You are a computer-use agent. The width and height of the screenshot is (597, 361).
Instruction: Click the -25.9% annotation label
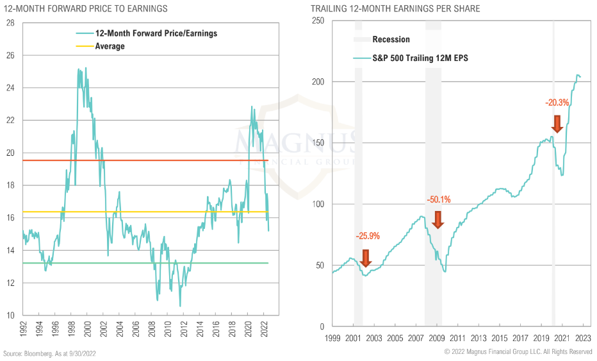(368, 236)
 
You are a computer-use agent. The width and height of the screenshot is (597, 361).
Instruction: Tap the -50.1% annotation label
(439, 199)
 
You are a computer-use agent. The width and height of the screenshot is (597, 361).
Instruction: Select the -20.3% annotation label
(557, 102)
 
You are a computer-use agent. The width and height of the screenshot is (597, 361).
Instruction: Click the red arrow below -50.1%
(438, 219)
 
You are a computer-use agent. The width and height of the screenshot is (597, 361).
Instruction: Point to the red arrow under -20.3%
(557, 124)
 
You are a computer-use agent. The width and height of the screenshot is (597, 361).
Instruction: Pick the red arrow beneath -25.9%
(366, 258)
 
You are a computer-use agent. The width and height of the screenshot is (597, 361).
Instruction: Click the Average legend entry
(110, 46)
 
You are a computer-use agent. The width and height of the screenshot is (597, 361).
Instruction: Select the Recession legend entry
(390, 40)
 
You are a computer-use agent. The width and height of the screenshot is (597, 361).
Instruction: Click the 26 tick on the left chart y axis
(10, 55)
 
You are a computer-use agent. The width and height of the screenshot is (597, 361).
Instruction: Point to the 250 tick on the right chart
(318, 21)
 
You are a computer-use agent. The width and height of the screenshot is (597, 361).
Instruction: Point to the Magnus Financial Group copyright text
(518, 352)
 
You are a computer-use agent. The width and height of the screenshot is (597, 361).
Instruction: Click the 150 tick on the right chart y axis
(318, 143)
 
